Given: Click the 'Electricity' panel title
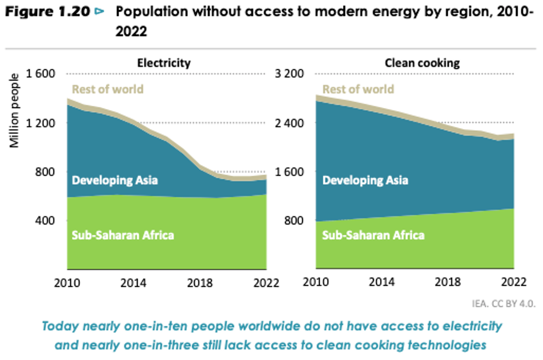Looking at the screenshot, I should pos(163,63).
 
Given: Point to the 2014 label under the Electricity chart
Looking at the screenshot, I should pos(134,283).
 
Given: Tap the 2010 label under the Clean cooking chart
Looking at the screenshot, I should pos(316,283).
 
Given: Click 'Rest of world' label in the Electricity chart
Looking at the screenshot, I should pos(107,89).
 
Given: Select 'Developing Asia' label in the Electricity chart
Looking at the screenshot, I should pos(115,180).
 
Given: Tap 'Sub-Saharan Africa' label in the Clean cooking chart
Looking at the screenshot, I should pos(373,235).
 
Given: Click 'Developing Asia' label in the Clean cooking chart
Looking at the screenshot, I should pos(365,180).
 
